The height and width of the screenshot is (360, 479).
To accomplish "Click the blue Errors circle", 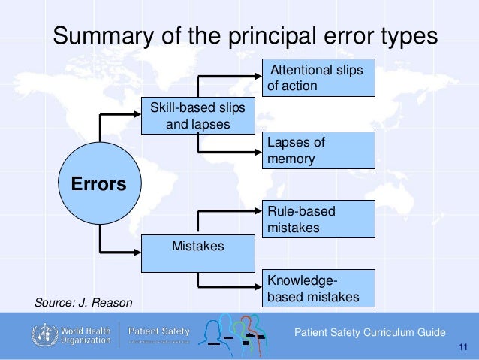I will pos(98,183).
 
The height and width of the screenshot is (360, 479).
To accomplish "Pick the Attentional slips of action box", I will pos(319,77).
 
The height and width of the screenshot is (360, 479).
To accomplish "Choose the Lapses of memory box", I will pos(319,150).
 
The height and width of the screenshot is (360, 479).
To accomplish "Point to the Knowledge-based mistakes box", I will pos(319,289).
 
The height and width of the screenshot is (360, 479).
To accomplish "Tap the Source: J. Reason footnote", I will pos(83,303).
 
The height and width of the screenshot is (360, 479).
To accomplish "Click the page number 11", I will pos(462,347).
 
